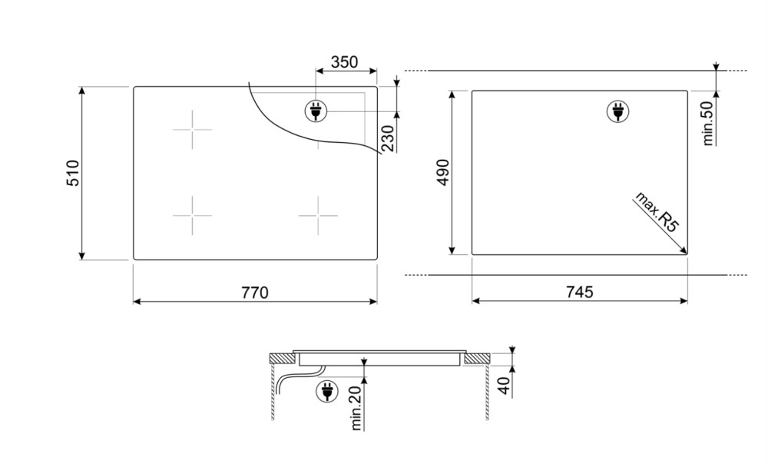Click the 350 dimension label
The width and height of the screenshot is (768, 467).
[x=344, y=62]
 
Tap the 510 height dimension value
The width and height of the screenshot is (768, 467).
[x=72, y=173]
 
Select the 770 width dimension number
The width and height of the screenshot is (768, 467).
[x=255, y=293]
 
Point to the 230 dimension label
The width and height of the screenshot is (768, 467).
[x=387, y=139]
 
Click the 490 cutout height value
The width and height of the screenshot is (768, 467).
[x=443, y=172]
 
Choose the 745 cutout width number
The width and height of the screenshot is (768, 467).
[x=579, y=292]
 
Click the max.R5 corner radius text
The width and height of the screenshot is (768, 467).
[x=657, y=212]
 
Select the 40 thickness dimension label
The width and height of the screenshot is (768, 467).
[x=505, y=387]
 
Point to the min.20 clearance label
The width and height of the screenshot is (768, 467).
[x=356, y=408]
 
